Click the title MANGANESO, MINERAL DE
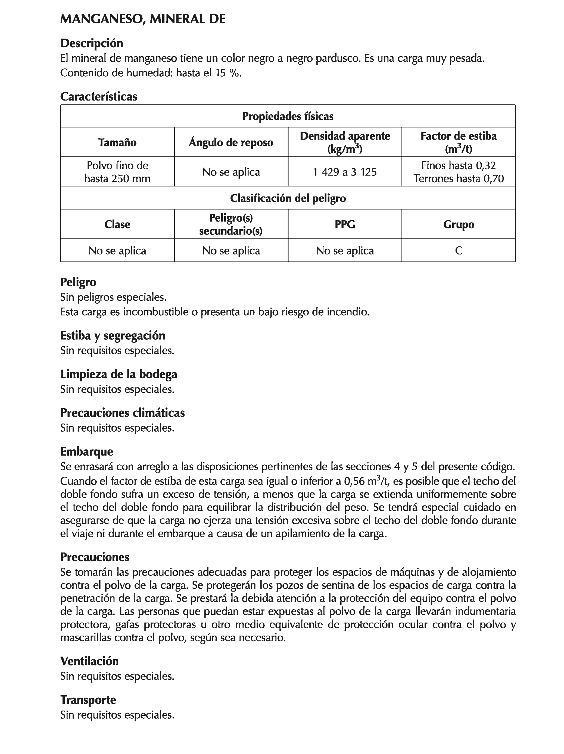pos(143,19)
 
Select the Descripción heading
pos(91,43)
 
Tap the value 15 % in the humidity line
pos(228,73)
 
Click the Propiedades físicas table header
pos(288,116)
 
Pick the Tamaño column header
pos(117,142)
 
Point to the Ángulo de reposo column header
pos(231,142)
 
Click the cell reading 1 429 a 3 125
pos(345,172)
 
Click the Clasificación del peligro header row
pos(288,198)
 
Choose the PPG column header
pos(345,224)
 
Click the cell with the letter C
pos(458,250)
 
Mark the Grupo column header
pos(458,224)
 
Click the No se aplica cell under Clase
pos(117,250)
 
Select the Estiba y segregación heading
pos(113,335)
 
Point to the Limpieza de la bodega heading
pos(119,374)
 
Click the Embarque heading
pos(86,451)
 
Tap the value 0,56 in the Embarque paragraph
pos(354,481)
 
